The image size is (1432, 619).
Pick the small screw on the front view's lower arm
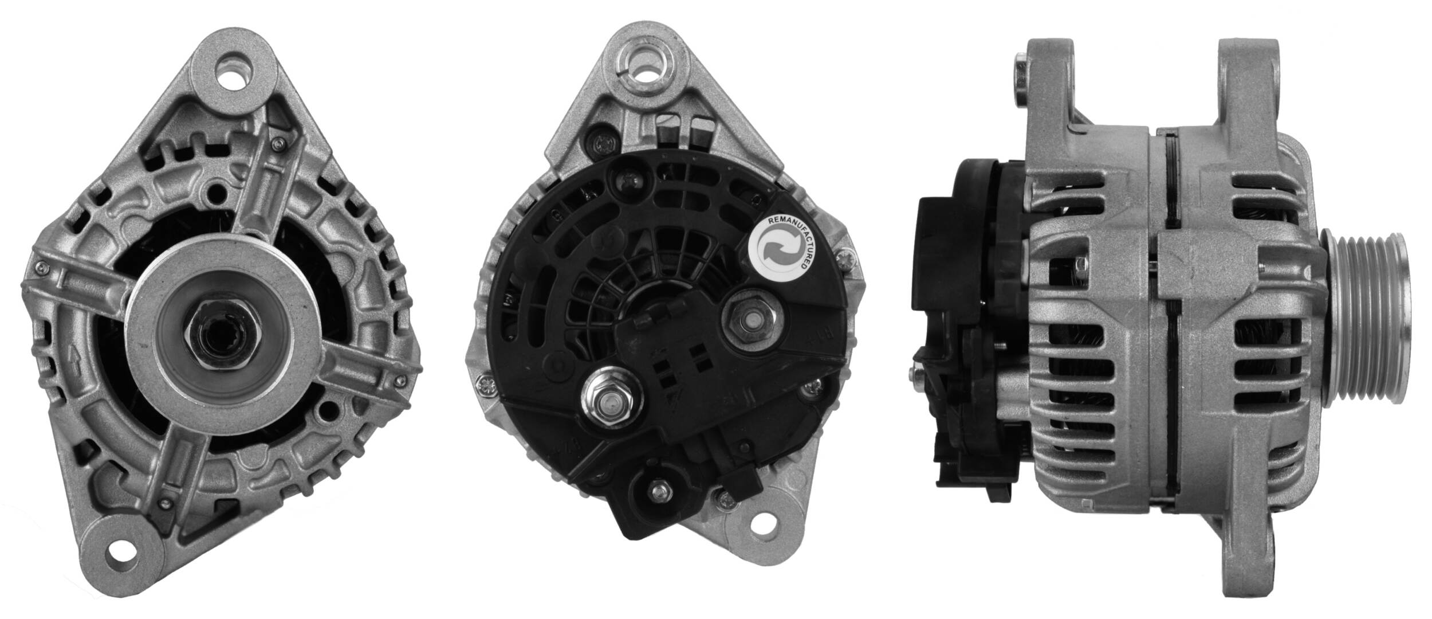pos(165,504)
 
